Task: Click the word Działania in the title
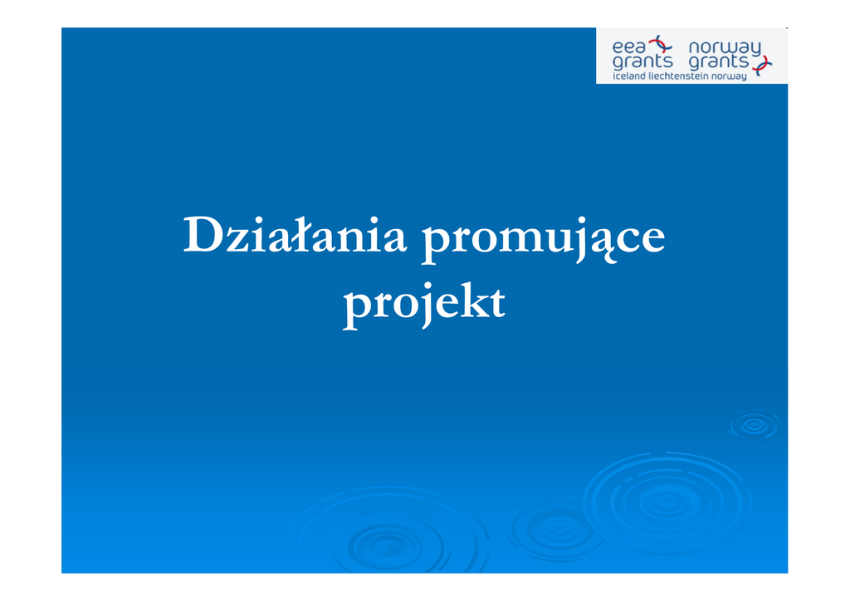[x=295, y=235]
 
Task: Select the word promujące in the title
[x=543, y=238]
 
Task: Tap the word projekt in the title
[x=424, y=304]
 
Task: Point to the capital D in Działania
[x=203, y=235]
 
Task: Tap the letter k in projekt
[x=475, y=299]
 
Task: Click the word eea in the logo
[x=629, y=46]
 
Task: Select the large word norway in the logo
[x=725, y=48]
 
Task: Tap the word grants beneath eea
[x=642, y=61]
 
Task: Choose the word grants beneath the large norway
[x=718, y=61]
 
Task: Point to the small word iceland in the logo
[x=629, y=76]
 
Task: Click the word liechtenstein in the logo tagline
[x=678, y=76]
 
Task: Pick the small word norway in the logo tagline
[x=729, y=77]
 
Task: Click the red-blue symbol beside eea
[x=661, y=45]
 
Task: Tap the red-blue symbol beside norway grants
[x=762, y=66]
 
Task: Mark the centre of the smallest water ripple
[x=754, y=425]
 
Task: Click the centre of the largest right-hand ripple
[x=667, y=503]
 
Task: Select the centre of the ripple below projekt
[x=388, y=546]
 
